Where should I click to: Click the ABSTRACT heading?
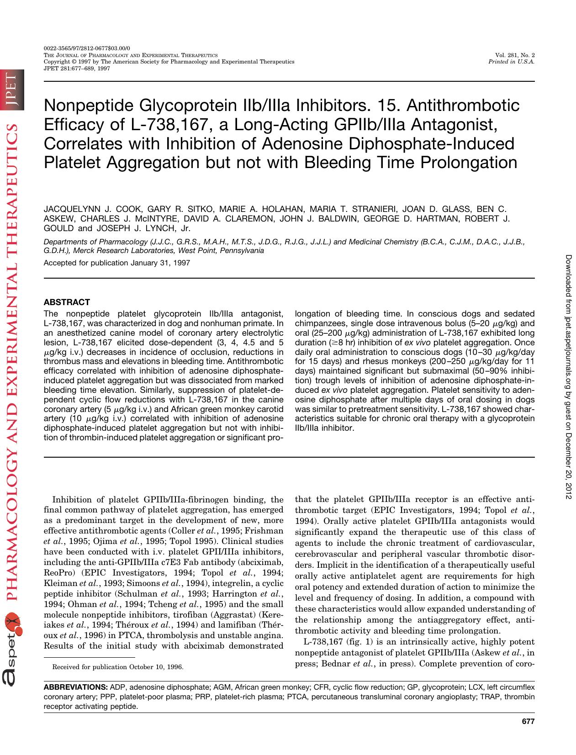[x=67, y=302]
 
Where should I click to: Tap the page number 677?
[x=528, y=722]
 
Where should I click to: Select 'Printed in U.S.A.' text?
[x=512, y=62]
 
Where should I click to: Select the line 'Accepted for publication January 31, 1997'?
[x=116, y=263]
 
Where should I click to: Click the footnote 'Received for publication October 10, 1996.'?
[x=118, y=667]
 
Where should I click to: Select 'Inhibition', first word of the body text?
[x=71, y=499]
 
